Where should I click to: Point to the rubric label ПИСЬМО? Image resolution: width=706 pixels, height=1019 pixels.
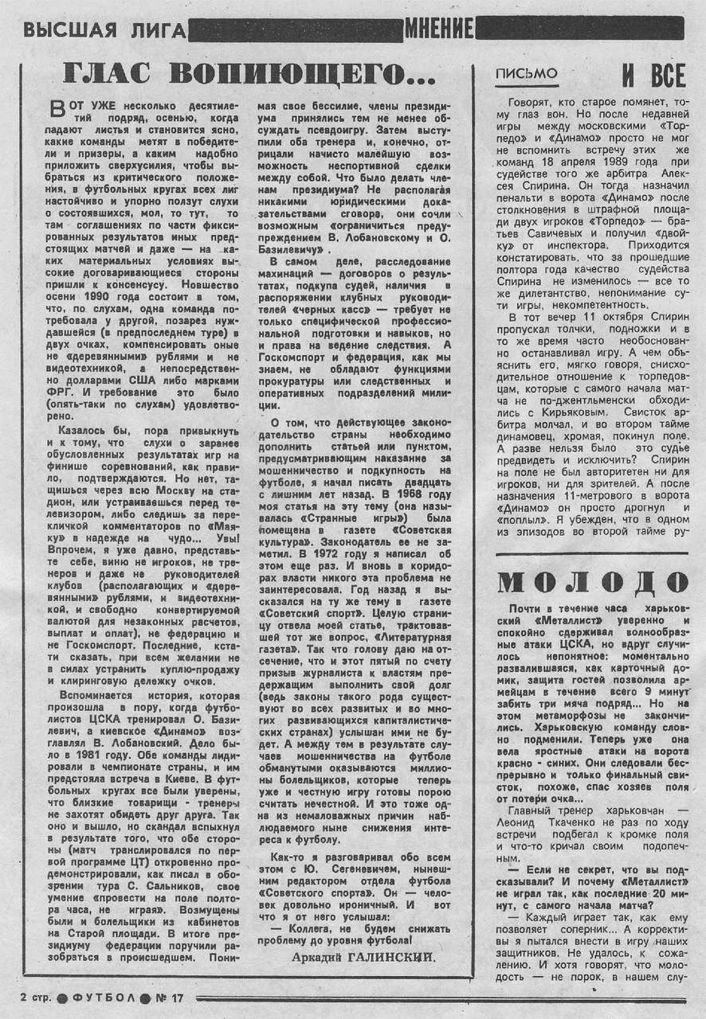click(526, 74)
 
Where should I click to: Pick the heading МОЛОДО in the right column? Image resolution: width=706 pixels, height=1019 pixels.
click(591, 582)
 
